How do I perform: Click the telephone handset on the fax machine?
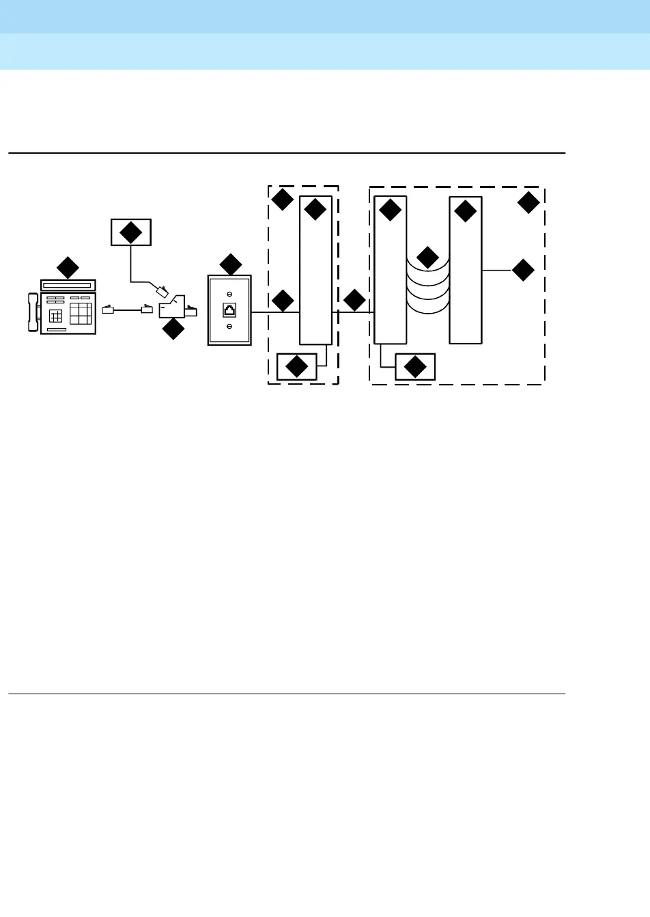(33, 312)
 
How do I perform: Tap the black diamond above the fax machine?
(68, 267)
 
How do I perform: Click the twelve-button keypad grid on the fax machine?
(81, 314)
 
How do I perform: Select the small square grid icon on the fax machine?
(56, 316)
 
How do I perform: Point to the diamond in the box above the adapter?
(130, 232)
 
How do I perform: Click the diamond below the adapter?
(173, 329)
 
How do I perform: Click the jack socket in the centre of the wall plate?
(229, 310)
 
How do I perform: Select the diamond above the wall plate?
(231, 264)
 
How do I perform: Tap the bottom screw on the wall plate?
(229, 327)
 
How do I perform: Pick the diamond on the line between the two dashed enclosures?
(354, 300)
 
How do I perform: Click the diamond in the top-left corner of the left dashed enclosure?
(283, 200)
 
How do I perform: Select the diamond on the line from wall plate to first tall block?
(283, 301)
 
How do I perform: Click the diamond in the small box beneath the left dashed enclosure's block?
(297, 367)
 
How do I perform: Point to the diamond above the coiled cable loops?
(427, 257)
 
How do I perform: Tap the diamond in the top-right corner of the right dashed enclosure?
(528, 202)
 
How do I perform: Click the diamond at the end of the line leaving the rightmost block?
(523, 270)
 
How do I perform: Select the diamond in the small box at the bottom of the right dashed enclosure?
(415, 367)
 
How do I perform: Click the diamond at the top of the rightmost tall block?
(465, 211)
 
